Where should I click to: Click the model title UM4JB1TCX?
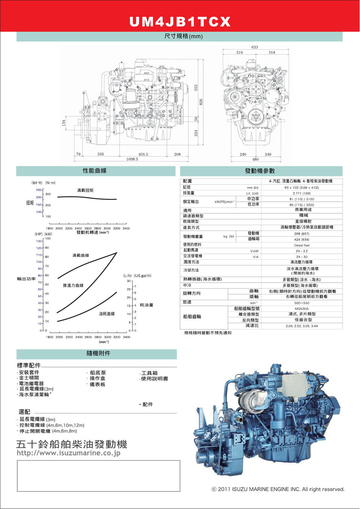pyautogui.click(x=180, y=21)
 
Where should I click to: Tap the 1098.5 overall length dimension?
pyautogui.click(x=132, y=159)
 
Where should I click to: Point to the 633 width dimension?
pyautogui.click(x=255, y=47)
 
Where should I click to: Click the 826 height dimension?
pyautogui.click(x=201, y=102)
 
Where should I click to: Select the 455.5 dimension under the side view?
pyautogui.click(x=143, y=154)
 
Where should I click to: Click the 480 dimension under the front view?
pyautogui.click(x=255, y=159)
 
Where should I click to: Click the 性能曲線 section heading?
pyautogui.click(x=94, y=171)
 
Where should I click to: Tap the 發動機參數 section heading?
pyautogui.click(x=260, y=171)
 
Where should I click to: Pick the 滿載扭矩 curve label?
pyautogui.click(x=85, y=190)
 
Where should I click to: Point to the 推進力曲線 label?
pyautogui.click(x=73, y=285)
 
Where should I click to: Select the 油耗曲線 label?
pyautogui.click(x=107, y=314)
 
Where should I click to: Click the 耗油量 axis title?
pyautogui.click(x=147, y=305)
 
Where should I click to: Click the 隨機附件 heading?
pyautogui.click(x=98, y=353)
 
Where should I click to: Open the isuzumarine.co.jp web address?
pyautogui.click(x=69, y=453)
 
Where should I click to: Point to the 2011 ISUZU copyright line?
pyautogui.click(x=278, y=489)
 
